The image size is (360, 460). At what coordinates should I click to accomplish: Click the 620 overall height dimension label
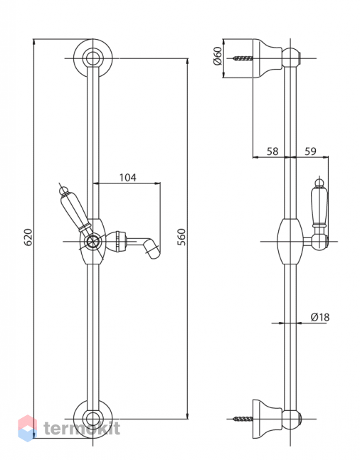tap(28, 237)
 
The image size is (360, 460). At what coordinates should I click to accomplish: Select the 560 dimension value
tap(182, 237)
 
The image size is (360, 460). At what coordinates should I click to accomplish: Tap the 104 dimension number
tap(128, 178)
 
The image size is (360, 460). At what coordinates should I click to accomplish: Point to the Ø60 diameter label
tap(218, 55)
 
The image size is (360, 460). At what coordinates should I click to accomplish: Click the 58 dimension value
tap(272, 151)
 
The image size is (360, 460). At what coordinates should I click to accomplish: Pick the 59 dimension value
tap(310, 151)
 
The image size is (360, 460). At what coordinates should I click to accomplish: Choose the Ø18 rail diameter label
tap(319, 317)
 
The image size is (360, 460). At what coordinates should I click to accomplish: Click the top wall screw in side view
tap(243, 58)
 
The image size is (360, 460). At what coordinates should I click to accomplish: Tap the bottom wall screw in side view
tap(243, 419)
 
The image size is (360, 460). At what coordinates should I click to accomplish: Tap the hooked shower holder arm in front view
tap(143, 244)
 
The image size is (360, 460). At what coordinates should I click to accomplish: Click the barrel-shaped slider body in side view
tap(290, 241)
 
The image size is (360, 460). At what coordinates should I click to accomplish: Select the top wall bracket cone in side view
tap(268, 58)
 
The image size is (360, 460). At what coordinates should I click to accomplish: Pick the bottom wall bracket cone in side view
tap(268, 419)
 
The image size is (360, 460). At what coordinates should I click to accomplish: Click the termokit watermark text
tap(82, 428)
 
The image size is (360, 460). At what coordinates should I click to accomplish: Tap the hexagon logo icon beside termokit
tap(28, 428)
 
